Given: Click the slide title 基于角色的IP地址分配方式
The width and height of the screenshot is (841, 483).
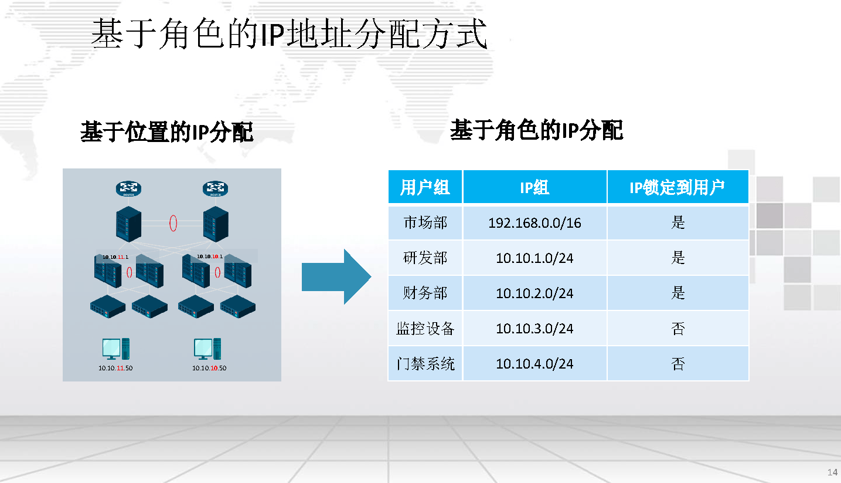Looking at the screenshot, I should pos(289,34).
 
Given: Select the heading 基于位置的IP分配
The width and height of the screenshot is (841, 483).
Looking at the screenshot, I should pos(167,133).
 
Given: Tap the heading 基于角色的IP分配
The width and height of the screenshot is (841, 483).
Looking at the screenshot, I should pos(536,130).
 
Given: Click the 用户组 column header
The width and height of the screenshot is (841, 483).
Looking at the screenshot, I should pos(425,188).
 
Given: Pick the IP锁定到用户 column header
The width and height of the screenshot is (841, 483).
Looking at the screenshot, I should pos(677,188).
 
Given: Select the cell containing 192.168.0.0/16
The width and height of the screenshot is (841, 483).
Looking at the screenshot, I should pos(534,223).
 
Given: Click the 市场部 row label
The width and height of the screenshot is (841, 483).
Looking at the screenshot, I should pos(425,223).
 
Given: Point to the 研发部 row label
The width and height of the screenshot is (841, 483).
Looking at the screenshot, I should pos(425,258).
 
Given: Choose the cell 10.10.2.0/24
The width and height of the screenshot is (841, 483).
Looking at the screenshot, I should pos(534,293).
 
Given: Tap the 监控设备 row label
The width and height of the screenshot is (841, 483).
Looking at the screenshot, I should pos(425,329).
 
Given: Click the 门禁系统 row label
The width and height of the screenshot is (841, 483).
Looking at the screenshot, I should pos(425,364).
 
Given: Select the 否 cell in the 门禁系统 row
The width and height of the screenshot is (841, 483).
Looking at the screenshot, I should pos(677,364).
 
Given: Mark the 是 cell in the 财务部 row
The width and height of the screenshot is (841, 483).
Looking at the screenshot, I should pos(677,293).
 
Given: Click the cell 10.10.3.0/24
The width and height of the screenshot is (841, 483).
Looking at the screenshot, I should pos(534,329).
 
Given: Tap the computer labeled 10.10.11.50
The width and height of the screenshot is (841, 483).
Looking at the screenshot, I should pos(115,349).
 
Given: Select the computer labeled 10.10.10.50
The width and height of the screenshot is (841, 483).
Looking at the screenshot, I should pos(208,349).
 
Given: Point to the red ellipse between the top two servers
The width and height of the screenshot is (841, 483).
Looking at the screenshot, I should pos(173,224).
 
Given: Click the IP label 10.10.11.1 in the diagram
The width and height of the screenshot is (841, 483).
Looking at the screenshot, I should pos(115,257).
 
